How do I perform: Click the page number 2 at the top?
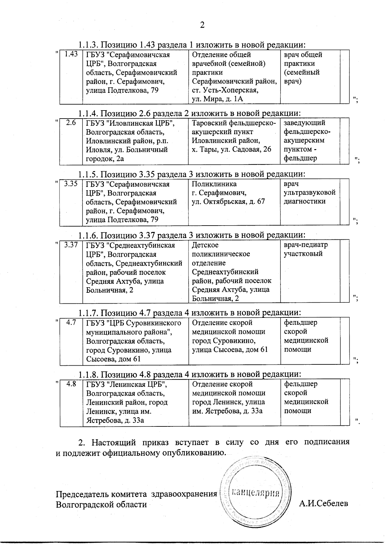202,25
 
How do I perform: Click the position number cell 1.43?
71,54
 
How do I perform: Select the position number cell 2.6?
71,122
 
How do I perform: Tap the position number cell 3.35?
71,184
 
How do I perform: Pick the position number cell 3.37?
71,245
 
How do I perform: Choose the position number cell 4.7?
71,322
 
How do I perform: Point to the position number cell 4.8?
71,384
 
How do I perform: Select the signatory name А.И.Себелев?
323,504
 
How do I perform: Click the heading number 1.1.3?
89,45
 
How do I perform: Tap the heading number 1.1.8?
89,374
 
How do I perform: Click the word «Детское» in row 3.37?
205,245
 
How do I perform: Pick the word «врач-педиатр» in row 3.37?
306,245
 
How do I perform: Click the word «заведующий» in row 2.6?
304,123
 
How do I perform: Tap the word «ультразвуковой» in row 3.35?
309,193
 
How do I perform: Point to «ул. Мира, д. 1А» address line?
217,99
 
